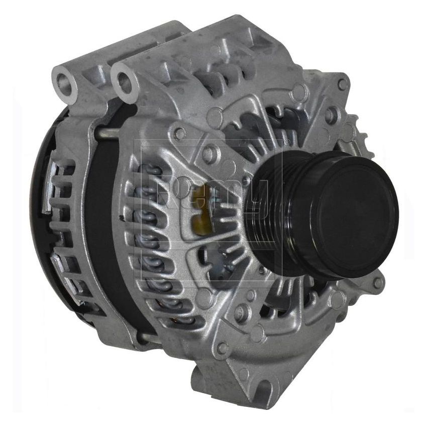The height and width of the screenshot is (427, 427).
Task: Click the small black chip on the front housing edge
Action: tap(122, 219)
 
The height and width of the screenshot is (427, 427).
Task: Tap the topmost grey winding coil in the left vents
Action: tap(151, 171)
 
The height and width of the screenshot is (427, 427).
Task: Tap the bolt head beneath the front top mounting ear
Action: tap(179, 133)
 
